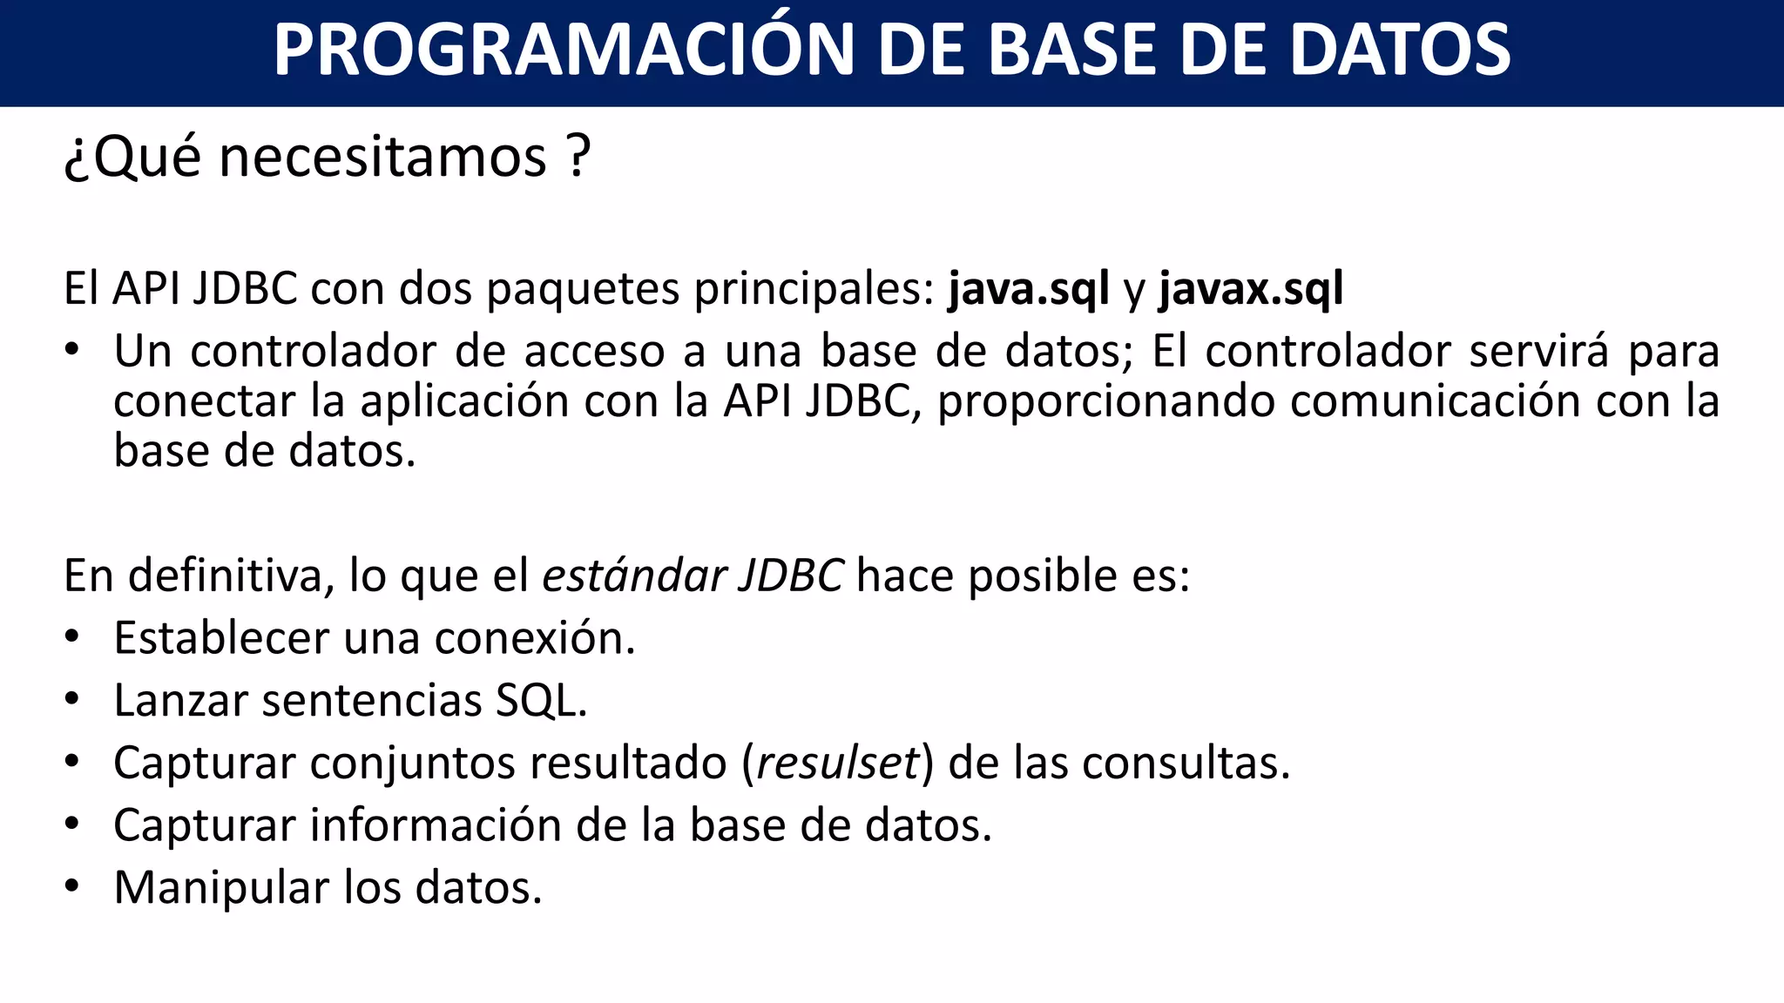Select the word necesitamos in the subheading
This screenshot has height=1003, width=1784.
point(382,158)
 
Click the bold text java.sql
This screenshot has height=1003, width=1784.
point(1029,288)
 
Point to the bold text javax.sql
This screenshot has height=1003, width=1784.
point(1251,288)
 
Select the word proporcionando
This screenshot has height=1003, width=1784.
point(1106,402)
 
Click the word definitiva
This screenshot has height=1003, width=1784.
point(231,576)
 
